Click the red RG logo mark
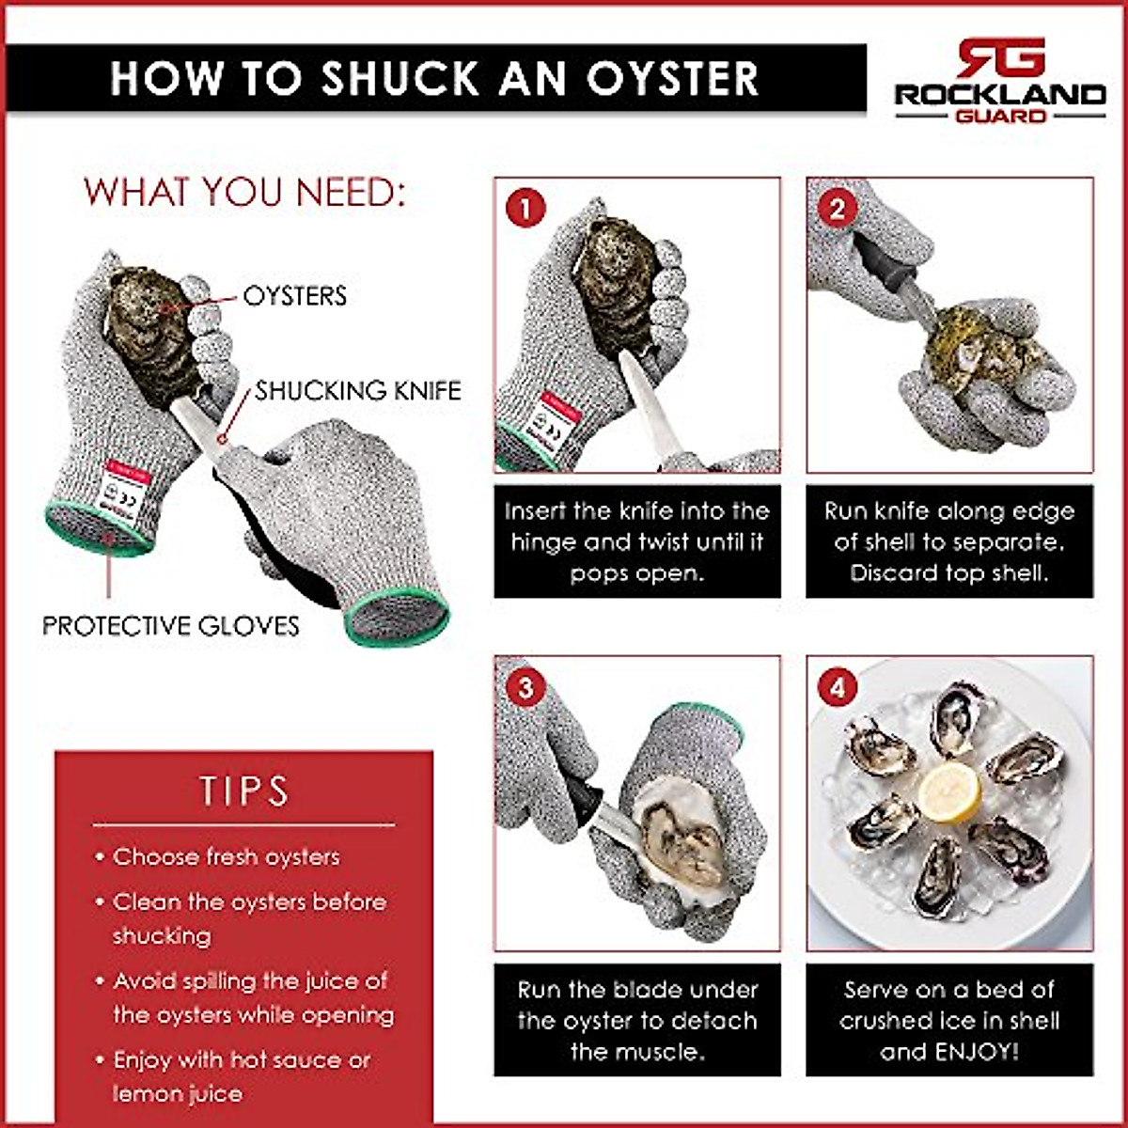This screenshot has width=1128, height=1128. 1000,58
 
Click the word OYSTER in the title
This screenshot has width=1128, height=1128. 672,79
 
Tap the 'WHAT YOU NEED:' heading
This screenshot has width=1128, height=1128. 244,192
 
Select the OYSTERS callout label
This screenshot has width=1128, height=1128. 294,296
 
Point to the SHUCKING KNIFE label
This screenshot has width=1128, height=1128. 358,390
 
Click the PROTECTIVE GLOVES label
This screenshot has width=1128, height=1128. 171,626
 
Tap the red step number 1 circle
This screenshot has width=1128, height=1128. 525,208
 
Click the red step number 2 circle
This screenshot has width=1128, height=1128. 837,208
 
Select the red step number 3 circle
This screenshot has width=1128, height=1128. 525,686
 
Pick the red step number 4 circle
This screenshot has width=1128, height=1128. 837,686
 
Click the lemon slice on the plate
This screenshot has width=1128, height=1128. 949,791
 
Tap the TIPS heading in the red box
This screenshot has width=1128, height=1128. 243,791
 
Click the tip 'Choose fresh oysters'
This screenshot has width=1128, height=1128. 226,857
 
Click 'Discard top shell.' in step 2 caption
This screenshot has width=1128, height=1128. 949,572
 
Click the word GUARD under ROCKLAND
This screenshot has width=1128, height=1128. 1000,117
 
